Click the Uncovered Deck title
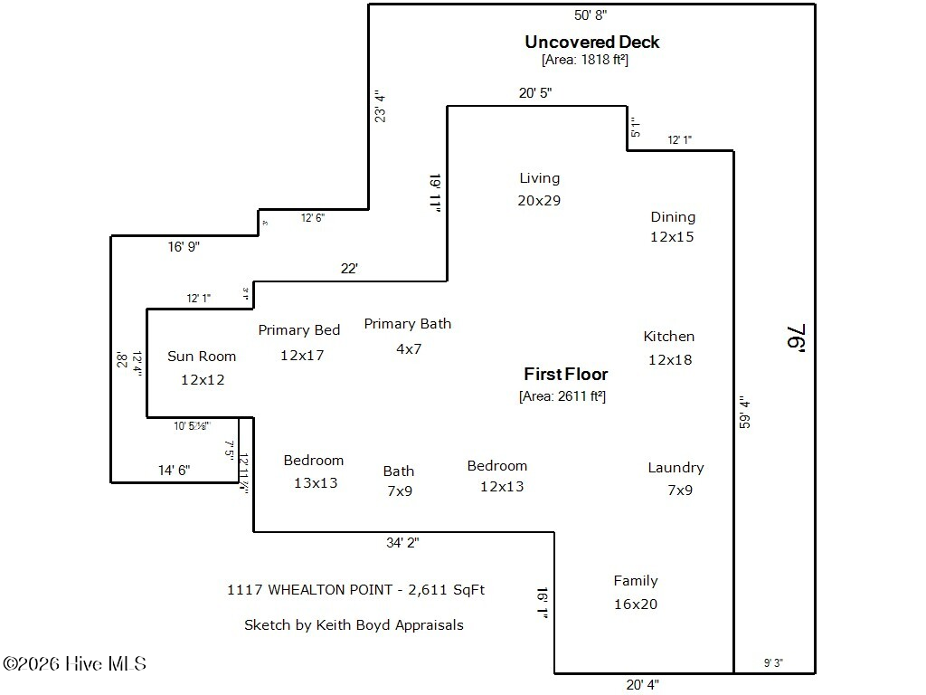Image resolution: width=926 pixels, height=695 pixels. point(592,42)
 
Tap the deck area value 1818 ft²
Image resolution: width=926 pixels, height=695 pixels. point(584,61)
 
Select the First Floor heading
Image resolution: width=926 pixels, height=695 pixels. point(565,374)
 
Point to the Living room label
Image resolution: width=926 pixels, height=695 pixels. point(539,178)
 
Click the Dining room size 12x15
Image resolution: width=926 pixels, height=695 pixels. point(672,237)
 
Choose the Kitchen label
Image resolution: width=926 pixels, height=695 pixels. point(668,337)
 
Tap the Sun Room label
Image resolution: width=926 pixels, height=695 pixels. point(202,357)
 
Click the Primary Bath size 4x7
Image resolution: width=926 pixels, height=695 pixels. point(409,348)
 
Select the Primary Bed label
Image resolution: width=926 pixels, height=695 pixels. point(298,330)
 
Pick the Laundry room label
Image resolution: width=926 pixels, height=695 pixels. point(676,468)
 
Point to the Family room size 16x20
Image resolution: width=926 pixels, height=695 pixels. point(636,605)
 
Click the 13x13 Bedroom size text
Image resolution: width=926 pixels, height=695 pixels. point(315,483)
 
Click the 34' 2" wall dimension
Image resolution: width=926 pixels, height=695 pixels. point(402,543)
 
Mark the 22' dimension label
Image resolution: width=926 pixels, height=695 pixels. point(349,268)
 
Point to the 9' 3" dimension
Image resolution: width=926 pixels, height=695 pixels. point(773,663)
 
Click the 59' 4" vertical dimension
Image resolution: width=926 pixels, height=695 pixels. point(744,411)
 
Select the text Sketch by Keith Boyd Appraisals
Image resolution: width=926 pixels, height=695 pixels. point(354,625)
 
